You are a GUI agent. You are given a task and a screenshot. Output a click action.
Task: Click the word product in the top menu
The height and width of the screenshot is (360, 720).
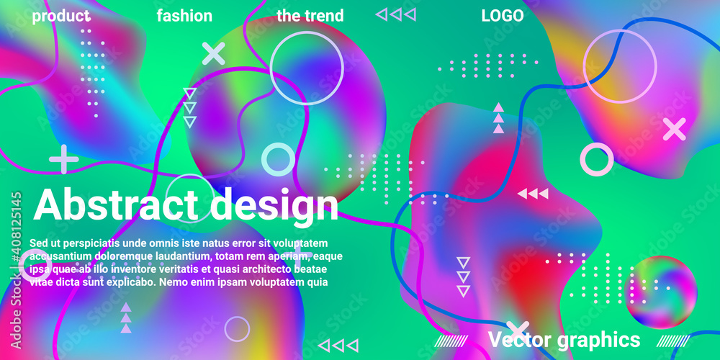pos(61,17)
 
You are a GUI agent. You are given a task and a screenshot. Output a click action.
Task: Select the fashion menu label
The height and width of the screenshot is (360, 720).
pos(184,16)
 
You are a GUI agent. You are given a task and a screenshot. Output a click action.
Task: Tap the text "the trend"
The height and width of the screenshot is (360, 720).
pos(310,16)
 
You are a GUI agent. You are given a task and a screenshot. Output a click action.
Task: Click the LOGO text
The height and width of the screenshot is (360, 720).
pos(503,16)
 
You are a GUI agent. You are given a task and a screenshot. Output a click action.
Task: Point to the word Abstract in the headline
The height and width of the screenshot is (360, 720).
pos(116,204)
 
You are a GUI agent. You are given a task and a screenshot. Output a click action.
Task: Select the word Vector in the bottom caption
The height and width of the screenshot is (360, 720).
pos(518,340)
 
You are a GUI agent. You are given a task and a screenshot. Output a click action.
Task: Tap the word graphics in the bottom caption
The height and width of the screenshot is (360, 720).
pos(598,341)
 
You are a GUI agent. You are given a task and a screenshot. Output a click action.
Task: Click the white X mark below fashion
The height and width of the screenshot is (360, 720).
pos(214,53)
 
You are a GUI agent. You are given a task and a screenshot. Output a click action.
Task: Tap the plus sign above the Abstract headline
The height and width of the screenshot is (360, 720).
pos(64,159)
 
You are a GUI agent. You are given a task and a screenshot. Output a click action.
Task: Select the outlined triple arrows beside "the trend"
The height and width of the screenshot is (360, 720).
pos(396,14)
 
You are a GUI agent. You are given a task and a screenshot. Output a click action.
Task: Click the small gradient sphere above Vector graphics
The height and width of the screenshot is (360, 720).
pos(661,292)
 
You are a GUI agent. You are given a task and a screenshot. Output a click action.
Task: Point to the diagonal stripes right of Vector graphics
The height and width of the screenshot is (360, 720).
pos(673,341)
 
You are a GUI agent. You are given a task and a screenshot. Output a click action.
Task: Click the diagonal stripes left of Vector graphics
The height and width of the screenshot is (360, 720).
pos(451,341)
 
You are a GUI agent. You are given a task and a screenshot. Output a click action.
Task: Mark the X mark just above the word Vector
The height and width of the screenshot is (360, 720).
pos(518,330)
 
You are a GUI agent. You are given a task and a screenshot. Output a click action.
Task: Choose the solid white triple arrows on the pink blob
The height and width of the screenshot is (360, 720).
pos(533,194)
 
